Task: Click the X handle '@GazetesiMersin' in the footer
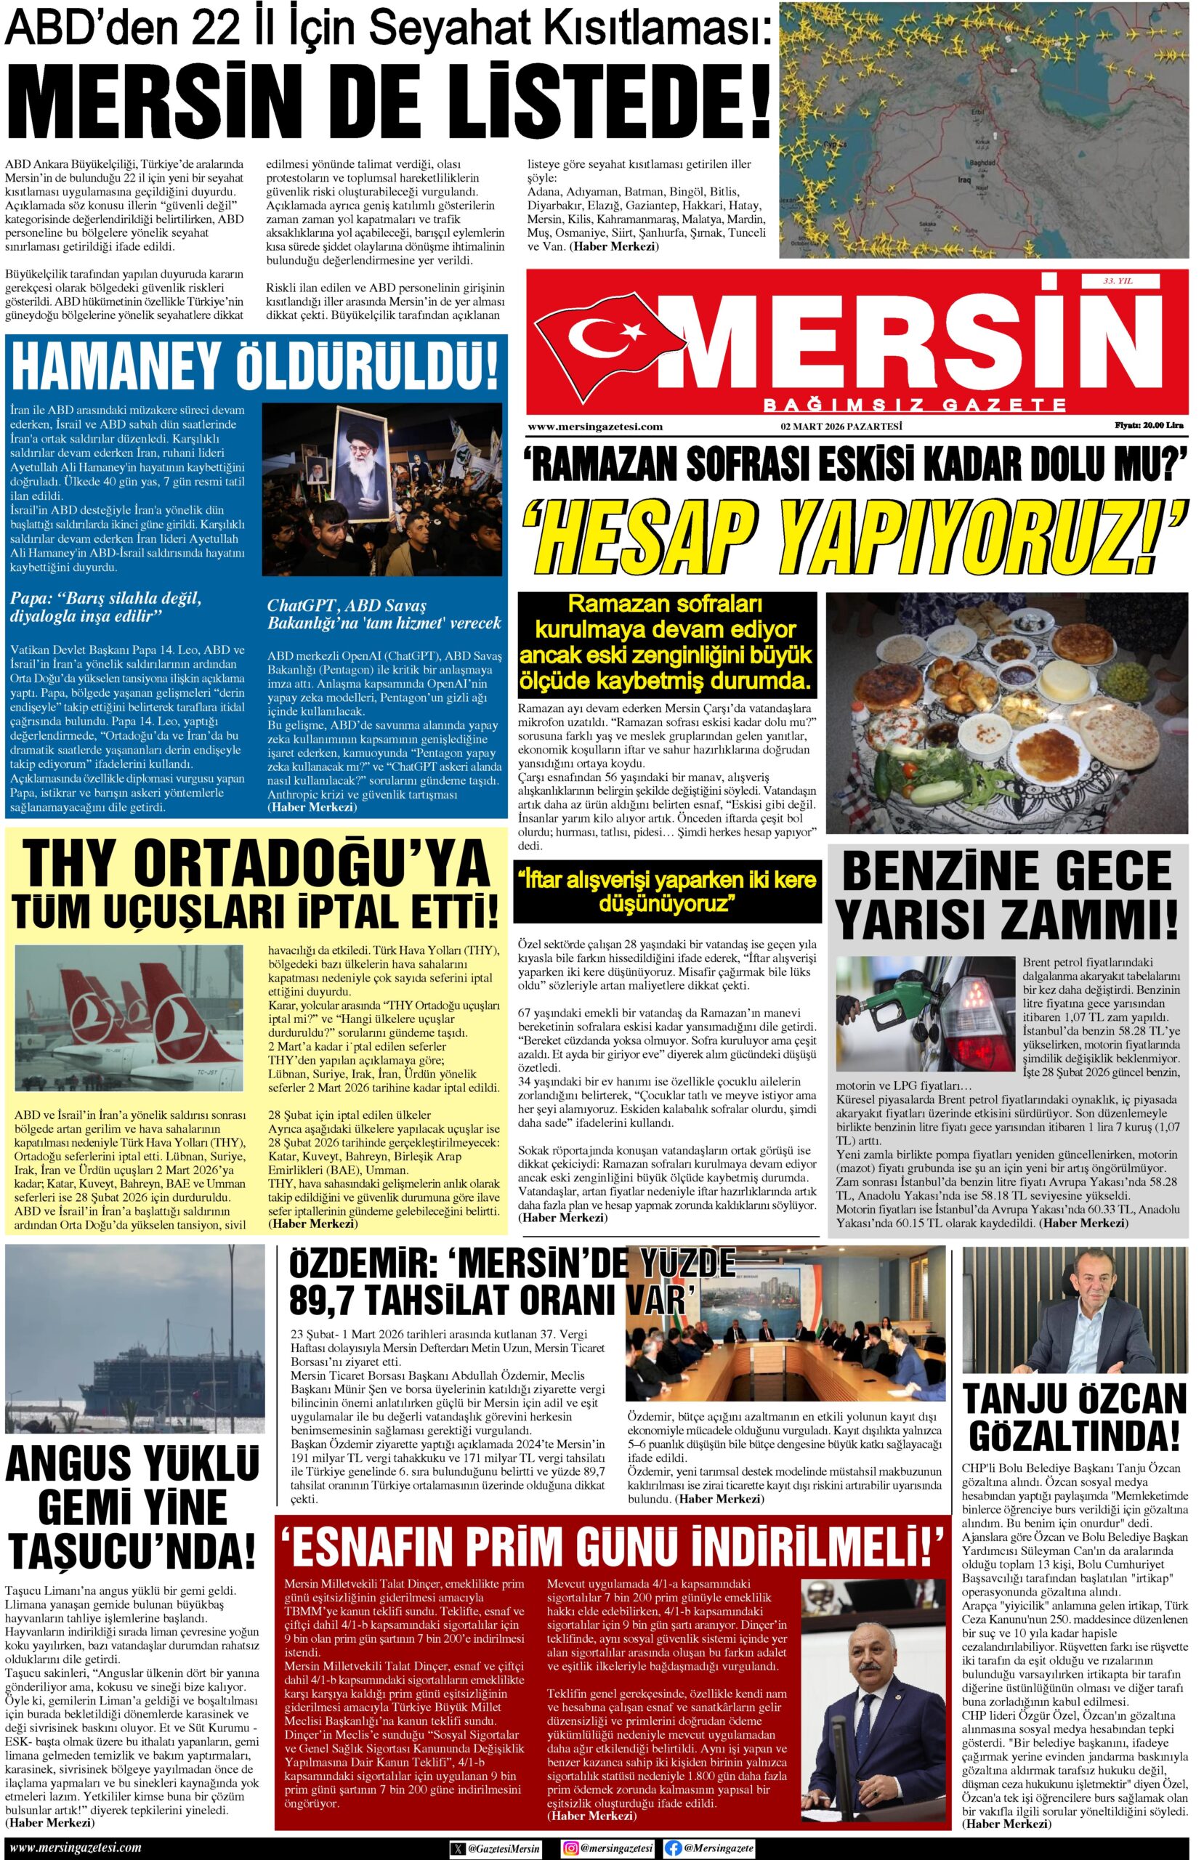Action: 506,1848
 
